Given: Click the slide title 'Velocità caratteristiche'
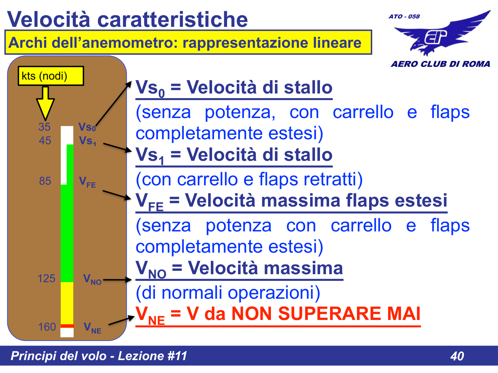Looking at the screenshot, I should [x=127, y=19].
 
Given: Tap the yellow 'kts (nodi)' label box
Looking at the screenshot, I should [x=50, y=76].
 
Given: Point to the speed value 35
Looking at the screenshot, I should [x=44, y=127].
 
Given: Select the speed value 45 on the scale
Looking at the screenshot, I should [x=45, y=141].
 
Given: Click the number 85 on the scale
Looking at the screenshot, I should [x=45, y=181].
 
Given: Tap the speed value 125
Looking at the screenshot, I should [x=46, y=279].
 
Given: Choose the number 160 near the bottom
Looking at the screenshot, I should [x=47, y=327].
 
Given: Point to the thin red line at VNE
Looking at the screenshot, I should [x=67, y=326].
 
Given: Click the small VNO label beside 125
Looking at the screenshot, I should [x=92, y=280].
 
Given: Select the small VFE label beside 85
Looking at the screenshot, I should [x=87, y=182].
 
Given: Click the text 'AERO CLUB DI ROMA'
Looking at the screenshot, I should [x=440, y=64].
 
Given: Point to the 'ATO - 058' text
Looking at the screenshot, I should [x=404, y=17].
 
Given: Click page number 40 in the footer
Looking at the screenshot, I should [x=457, y=356].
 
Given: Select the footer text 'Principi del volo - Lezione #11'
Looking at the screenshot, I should [x=99, y=356].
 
